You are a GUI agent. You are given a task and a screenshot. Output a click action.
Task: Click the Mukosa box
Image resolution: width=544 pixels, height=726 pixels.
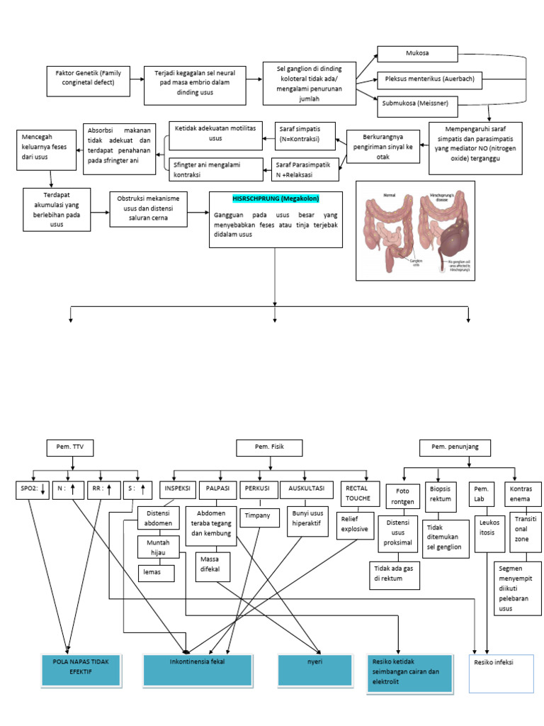[x=417, y=53]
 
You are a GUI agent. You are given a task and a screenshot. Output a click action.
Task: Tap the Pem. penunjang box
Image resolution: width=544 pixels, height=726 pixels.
[x=450, y=447]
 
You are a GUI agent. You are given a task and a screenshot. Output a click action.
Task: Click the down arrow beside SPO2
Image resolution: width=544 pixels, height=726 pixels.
[x=43, y=488]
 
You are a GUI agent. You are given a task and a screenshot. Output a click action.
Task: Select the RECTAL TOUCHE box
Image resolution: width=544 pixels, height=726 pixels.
[x=358, y=493]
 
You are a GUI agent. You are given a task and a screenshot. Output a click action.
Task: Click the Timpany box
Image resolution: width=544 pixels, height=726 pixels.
[x=257, y=515]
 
